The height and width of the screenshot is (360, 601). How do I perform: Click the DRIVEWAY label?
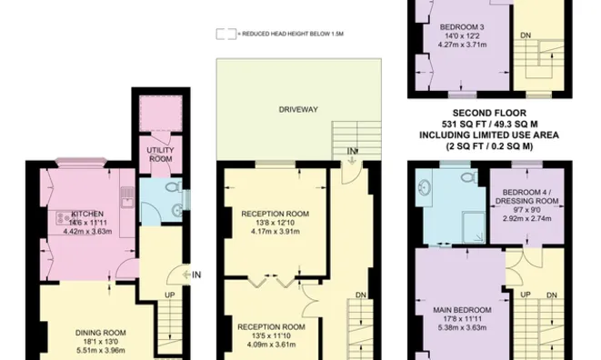(x=298, y=110)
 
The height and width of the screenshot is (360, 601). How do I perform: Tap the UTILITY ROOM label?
(x=160, y=155)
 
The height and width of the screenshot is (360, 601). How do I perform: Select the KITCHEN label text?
(x=87, y=214)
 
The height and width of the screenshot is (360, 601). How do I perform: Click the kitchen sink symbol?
(x=127, y=197)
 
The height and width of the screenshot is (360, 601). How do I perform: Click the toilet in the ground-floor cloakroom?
(x=175, y=187)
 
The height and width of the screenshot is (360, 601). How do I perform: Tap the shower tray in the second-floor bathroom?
(x=474, y=228)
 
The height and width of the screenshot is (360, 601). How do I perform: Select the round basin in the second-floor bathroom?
(x=425, y=188)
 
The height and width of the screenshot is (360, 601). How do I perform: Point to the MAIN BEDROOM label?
(x=462, y=310)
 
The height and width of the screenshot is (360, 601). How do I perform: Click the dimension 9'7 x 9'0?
(x=526, y=210)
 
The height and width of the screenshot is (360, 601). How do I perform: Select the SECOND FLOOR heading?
(x=489, y=114)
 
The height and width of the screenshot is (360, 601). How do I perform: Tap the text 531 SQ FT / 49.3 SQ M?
(x=489, y=125)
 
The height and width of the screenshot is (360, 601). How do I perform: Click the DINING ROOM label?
(x=100, y=333)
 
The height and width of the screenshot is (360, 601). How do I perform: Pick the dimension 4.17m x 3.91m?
(x=275, y=232)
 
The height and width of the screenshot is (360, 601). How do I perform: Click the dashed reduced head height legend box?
(x=226, y=35)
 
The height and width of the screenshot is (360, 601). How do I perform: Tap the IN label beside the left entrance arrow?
(x=196, y=275)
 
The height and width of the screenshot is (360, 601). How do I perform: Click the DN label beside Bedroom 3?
(x=526, y=35)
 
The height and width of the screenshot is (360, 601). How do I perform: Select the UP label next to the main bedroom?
(x=526, y=295)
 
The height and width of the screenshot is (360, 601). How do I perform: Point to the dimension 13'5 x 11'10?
(x=269, y=335)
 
